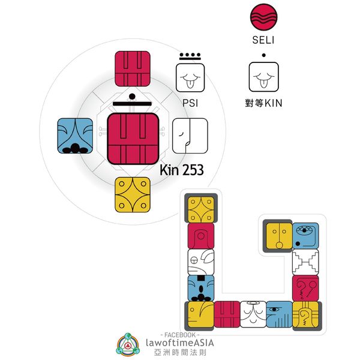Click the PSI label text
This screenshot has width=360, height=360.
[190, 103]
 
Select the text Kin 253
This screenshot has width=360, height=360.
[181, 170]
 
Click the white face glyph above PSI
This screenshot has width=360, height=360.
[190, 77]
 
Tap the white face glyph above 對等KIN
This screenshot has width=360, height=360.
[265, 77]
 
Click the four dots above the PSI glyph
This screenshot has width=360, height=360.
[190, 55]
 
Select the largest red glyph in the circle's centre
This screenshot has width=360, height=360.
[133, 138]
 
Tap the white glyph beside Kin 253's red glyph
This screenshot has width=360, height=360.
[190, 135]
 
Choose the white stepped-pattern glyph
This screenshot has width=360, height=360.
[305, 262]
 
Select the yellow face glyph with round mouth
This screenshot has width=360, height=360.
[278, 235]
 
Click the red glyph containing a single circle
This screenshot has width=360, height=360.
[201, 235]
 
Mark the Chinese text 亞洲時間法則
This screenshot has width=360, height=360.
[179, 352]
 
